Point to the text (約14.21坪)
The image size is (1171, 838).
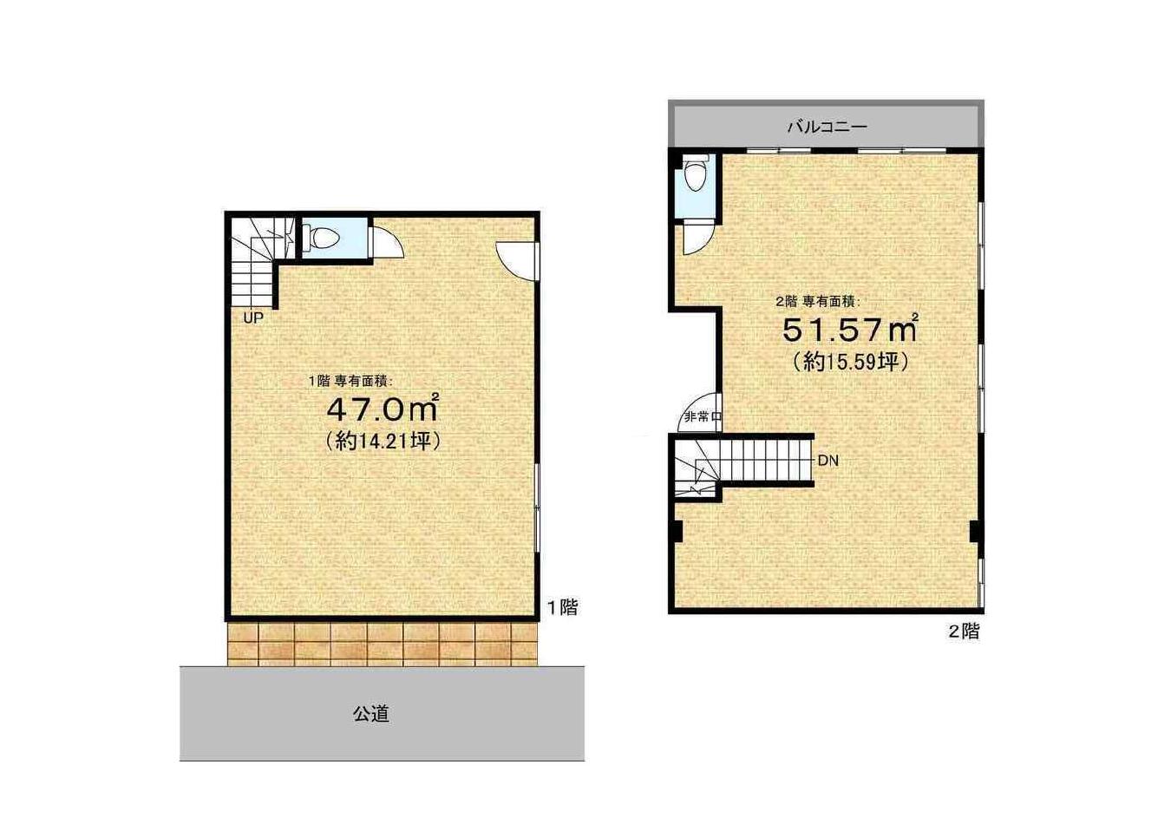(383, 442)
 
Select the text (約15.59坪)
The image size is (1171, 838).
(850, 362)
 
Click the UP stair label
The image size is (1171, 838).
(253, 318)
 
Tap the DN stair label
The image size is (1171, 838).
(828, 461)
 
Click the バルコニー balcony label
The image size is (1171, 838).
(828, 127)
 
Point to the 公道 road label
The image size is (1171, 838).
(371, 714)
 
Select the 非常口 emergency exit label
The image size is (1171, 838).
(703, 417)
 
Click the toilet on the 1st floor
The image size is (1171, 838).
(320, 239)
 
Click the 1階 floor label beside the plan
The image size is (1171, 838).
(562, 607)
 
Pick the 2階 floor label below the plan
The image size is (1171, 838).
(964, 632)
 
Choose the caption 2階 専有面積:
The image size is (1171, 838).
(818, 301)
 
